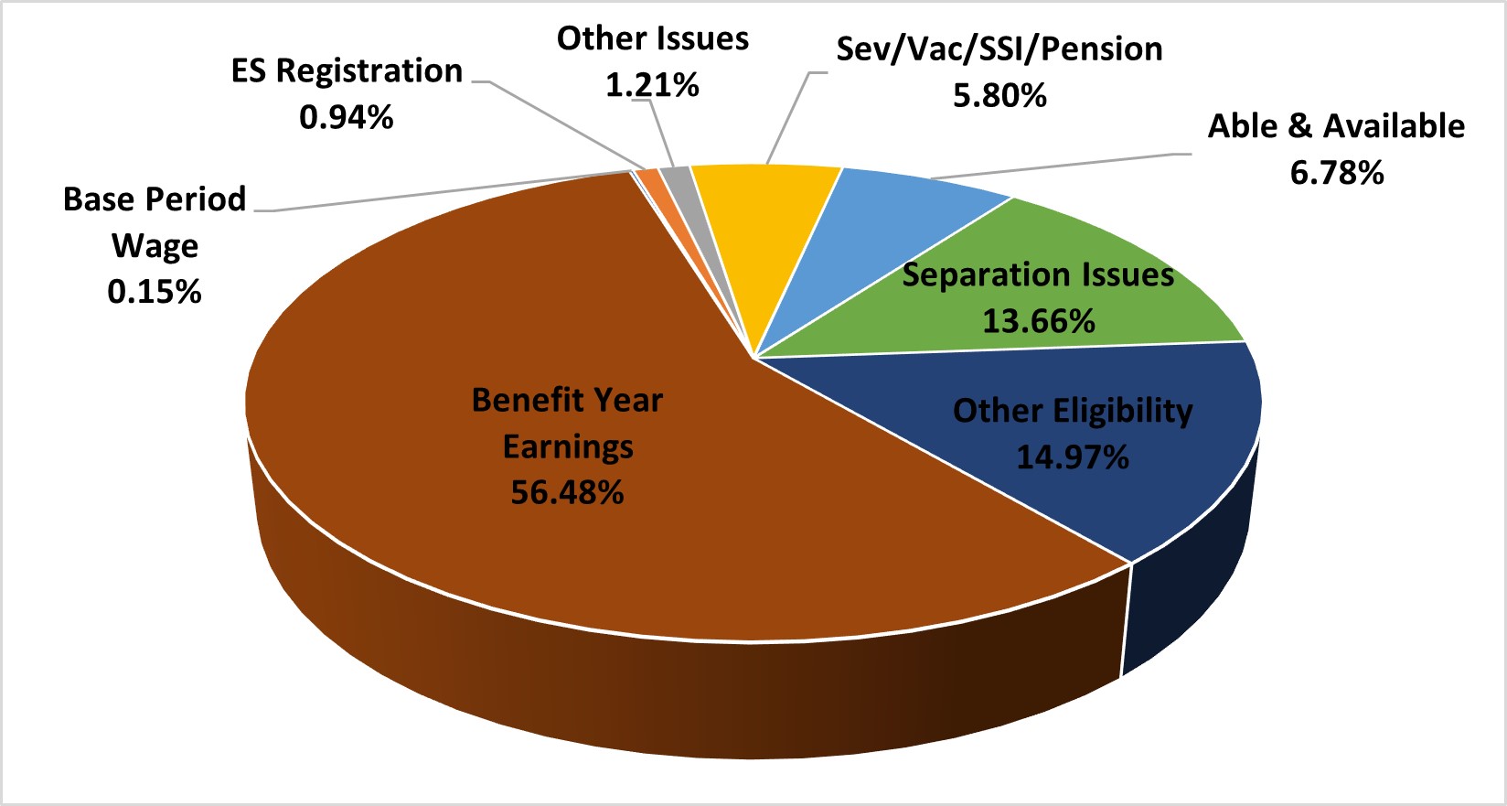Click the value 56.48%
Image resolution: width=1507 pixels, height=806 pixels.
tap(567, 492)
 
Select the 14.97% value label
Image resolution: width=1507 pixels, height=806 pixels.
tap(1073, 457)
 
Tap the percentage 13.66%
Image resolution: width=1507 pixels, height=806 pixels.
tap(1039, 321)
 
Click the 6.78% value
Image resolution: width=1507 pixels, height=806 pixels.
tap(1337, 172)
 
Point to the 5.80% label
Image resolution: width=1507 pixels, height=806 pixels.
tap(999, 95)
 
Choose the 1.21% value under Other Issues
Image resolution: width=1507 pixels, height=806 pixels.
tap(652, 85)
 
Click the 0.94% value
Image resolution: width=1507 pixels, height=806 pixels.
tap(347, 117)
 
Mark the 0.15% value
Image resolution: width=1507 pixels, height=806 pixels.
tap(155, 292)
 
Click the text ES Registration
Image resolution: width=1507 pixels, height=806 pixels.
tap(347, 70)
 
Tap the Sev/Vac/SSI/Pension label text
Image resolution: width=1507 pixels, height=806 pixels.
tap(999, 49)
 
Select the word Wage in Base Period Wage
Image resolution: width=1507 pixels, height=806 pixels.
tap(155, 246)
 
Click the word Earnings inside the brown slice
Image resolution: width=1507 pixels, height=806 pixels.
tap(568, 446)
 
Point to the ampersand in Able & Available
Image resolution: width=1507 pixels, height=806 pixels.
tap(1299, 126)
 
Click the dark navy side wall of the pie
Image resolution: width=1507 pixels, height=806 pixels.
tap(1189, 595)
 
